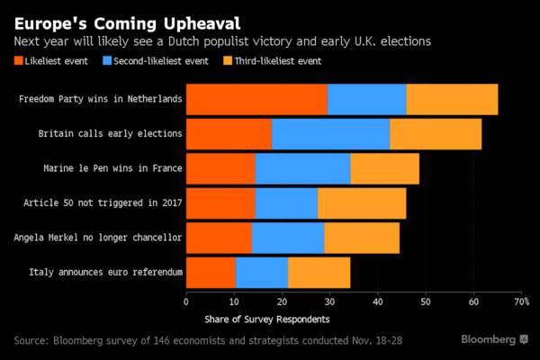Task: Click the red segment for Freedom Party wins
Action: [256, 98]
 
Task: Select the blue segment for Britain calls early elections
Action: [330, 133]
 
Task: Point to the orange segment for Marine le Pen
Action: [384, 168]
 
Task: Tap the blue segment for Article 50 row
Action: [286, 203]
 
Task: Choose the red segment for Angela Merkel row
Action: [219, 238]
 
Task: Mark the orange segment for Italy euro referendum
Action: [319, 272]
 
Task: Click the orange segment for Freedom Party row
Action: [452, 98]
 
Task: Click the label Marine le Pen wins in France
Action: [113, 168]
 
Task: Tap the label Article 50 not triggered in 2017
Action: [103, 203]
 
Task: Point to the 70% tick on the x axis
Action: [519, 302]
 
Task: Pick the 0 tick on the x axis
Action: [186, 302]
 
